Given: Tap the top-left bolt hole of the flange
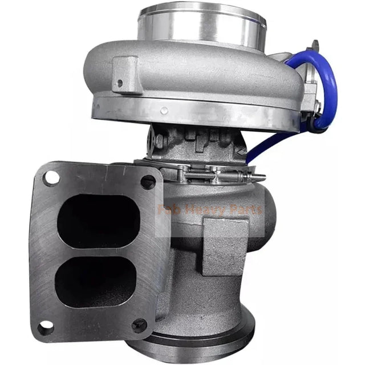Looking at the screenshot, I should pos(51,177).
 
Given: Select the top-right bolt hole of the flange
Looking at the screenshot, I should pos(148,182).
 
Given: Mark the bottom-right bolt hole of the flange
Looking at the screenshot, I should pos(139,326).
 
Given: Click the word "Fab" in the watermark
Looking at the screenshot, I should pos(166,209).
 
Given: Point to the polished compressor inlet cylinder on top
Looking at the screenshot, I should pos(201,26).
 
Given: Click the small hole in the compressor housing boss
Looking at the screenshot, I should pos(120,83).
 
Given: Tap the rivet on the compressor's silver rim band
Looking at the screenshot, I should pos(165,110).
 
